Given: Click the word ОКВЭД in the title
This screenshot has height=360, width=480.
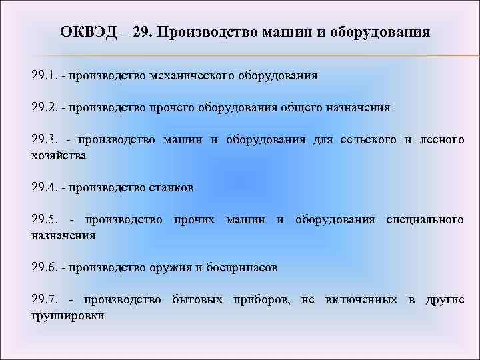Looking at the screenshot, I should [x=85, y=32].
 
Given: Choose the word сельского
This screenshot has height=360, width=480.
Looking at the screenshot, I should [x=365, y=140].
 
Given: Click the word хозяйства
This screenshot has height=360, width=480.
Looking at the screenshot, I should [x=59, y=155].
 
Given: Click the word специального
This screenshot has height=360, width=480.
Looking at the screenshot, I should [x=425, y=219].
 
